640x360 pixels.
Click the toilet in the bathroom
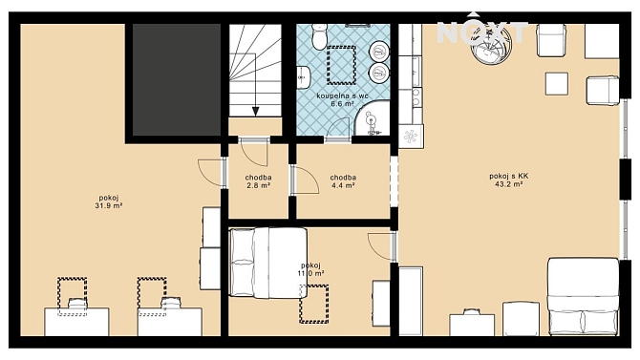(x=319, y=36)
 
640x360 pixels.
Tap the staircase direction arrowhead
(x=255, y=112)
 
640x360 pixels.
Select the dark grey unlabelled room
(x=177, y=79)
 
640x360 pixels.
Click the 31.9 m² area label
(x=109, y=206)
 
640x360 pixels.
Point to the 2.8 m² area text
(x=258, y=185)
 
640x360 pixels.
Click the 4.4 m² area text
(x=343, y=185)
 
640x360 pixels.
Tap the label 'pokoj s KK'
(x=509, y=176)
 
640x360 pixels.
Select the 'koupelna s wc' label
(x=343, y=95)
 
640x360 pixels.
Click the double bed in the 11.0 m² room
(x=268, y=263)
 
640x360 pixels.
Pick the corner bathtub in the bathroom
(x=373, y=120)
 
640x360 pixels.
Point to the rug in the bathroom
(x=342, y=65)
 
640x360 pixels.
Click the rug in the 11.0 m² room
(x=314, y=304)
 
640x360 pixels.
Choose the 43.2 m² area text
(x=509, y=184)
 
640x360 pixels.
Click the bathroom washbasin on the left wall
(x=304, y=76)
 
